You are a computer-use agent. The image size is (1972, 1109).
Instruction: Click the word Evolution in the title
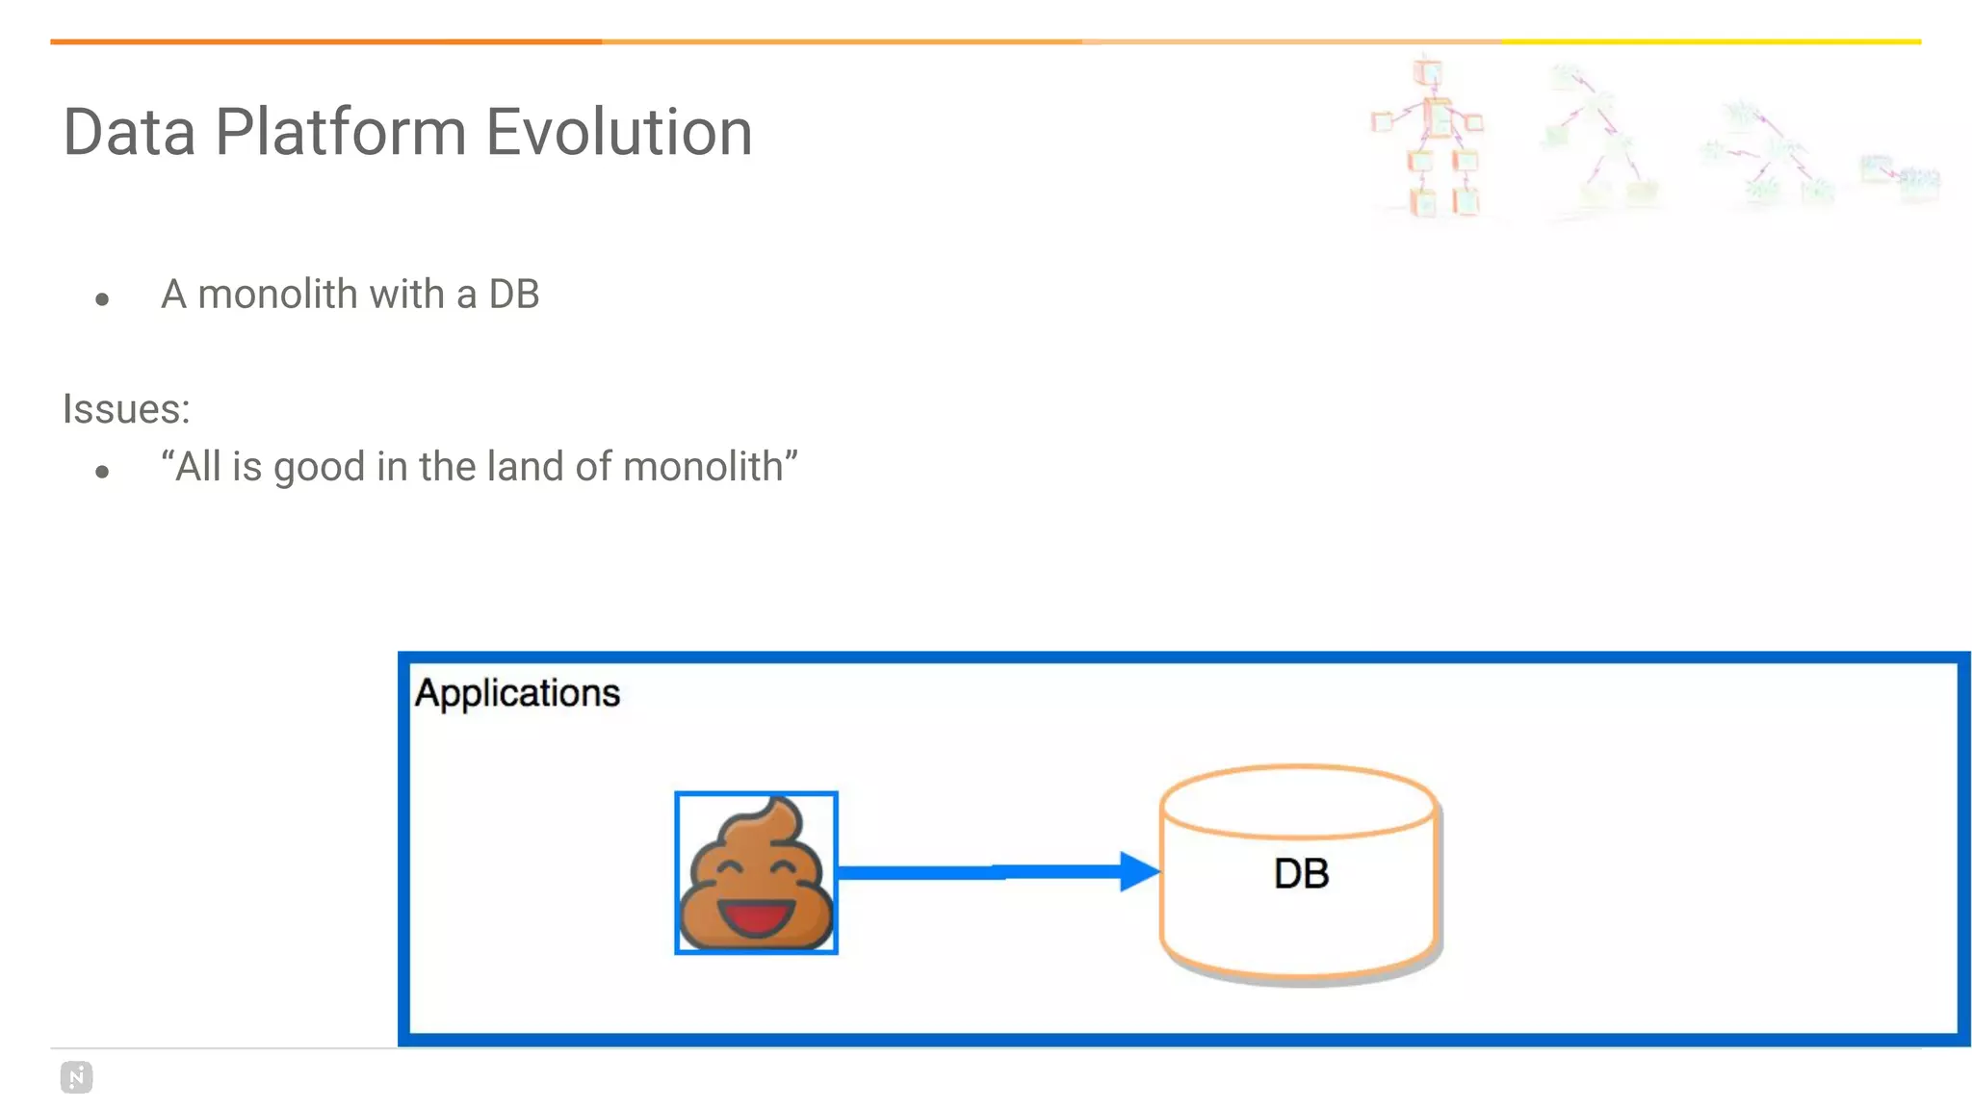coord(618,132)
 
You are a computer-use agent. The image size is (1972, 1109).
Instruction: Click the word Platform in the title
coord(340,132)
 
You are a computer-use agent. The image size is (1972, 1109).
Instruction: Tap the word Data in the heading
coord(129,132)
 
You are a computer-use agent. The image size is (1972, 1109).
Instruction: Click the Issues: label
coord(126,409)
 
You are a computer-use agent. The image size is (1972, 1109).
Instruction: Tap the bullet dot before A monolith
coord(102,299)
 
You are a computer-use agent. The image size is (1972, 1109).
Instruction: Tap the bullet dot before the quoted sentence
coord(102,472)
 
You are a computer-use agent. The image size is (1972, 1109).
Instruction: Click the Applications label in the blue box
coord(517,693)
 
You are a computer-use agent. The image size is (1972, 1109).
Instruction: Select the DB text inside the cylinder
coord(1301,874)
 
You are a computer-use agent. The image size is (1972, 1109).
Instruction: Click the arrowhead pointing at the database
coord(1139,871)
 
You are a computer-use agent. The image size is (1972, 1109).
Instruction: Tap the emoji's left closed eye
coord(728,866)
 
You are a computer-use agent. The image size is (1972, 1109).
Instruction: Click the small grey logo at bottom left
coord(76,1077)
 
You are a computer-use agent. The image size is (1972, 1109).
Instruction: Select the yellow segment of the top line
coord(1710,41)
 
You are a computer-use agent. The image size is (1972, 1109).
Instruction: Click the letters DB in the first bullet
coord(513,295)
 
